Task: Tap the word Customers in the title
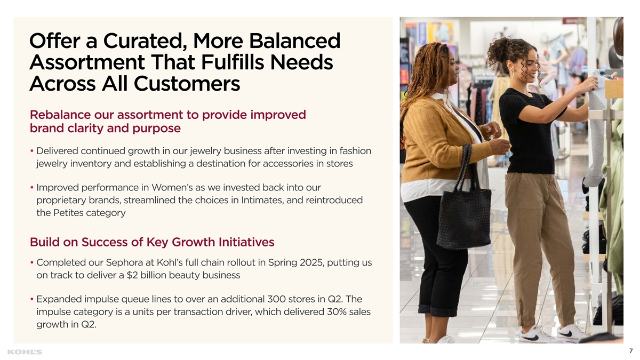(x=187, y=84)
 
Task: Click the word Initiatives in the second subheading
(x=246, y=242)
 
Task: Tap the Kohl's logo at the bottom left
(x=25, y=352)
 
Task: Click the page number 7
(x=631, y=351)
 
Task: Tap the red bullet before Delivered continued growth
(x=32, y=151)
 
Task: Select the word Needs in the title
(x=301, y=62)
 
